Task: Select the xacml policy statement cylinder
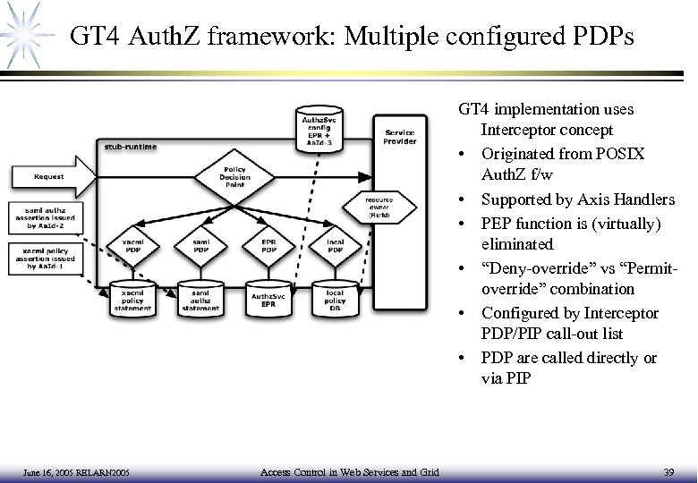coord(132,298)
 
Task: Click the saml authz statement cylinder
coord(201,298)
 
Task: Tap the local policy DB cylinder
coord(335,298)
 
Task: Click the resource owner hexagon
coord(379,207)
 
